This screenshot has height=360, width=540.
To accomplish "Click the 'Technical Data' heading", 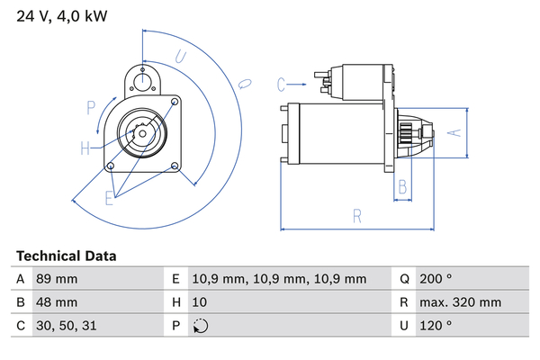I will (x=66, y=256).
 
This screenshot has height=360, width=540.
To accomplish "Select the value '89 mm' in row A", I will (x=56, y=279).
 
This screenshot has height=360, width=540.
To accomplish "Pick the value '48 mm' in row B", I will (x=56, y=302).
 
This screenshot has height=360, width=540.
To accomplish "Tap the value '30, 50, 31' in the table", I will (x=65, y=326).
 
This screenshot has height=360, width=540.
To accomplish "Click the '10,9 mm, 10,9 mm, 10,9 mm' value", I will (x=280, y=279).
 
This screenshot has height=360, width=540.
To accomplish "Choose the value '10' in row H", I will (x=201, y=302).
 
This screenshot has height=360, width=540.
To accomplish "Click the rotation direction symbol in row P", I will (x=201, y=326).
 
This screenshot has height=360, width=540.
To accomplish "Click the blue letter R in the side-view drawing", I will (x=356, y=216).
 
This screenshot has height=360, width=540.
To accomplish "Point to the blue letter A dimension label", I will (x=454, y=133).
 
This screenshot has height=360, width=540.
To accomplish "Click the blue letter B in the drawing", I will (x=403, y=187).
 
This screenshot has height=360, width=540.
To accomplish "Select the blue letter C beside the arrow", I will (x=281, y=85).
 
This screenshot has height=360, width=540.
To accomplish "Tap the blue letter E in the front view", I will (x=109, y=197).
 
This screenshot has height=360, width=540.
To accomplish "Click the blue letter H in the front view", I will (x=85, y=148).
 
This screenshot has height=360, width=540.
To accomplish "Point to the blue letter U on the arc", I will (x=180, y=57).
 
